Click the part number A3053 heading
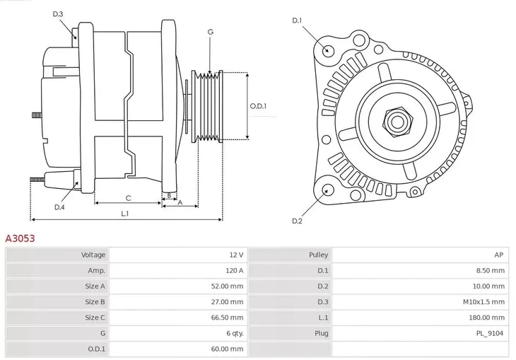[20, 239]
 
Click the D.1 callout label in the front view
[297, 21]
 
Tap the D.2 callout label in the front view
[297, 221]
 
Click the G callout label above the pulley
[210, 33]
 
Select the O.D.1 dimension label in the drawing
[259, 106]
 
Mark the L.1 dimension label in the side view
[124, 213]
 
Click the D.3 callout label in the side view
[58, 13]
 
